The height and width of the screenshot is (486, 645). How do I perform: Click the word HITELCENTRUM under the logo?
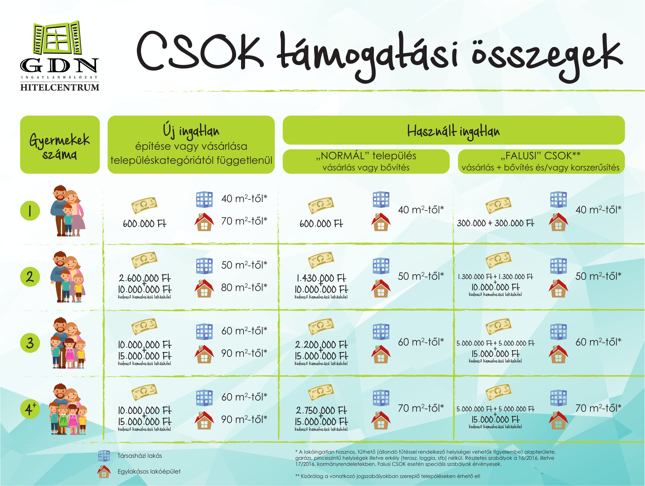60,87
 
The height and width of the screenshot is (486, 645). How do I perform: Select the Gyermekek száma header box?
60,144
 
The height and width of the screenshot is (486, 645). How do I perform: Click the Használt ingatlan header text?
453,131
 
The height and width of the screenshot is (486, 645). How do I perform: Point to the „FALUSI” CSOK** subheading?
541,156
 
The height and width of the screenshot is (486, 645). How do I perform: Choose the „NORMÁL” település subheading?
366,156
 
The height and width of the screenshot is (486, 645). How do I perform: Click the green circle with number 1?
30,211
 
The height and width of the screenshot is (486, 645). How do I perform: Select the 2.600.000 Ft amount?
145,278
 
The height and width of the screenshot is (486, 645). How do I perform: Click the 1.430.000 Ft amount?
321,278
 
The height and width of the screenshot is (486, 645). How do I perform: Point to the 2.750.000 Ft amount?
321,410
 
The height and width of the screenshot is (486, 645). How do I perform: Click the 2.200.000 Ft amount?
321,345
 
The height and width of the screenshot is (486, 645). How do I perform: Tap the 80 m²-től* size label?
244,288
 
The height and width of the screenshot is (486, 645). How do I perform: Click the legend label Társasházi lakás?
140,456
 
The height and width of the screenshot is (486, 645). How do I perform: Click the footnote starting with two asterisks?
388,476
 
